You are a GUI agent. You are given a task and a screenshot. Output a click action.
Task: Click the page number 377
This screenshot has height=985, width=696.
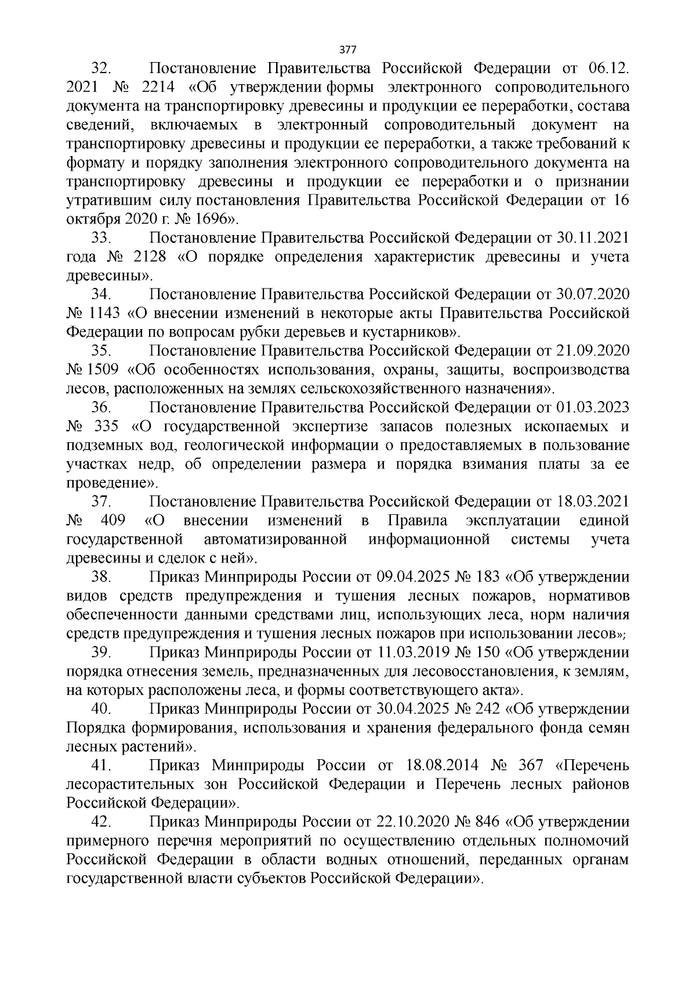pyautogui.click(x=347, y=48)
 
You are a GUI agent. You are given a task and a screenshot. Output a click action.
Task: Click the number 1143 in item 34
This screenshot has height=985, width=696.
pyautogui.click(x=104, y=313)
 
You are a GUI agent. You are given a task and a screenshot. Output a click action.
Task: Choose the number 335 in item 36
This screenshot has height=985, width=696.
pyautogui.click(x=105, y=427)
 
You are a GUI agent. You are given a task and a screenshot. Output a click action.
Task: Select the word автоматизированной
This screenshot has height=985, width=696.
pyautogui.click(x=275, y=540)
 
